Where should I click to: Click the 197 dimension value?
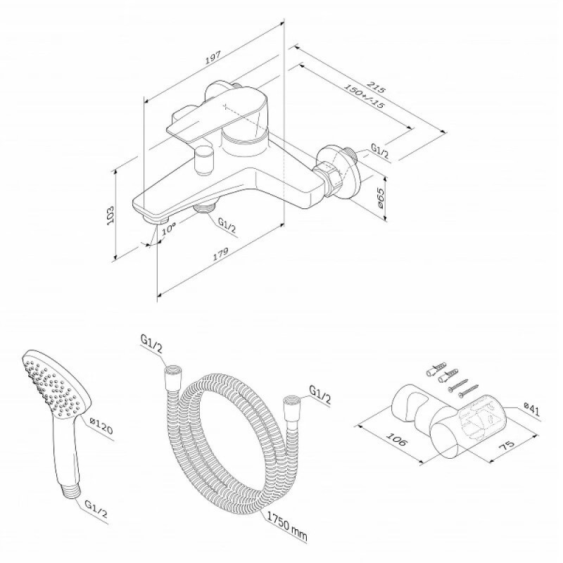(213, 58)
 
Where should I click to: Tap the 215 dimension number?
(376, 87)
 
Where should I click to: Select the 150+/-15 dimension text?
(364, 96)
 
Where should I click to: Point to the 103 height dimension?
(111, 215)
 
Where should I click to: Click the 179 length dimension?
(221, 254)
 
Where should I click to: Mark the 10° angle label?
(168, 228)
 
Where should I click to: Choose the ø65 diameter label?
(380, 198)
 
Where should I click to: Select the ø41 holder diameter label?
(531, 409)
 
